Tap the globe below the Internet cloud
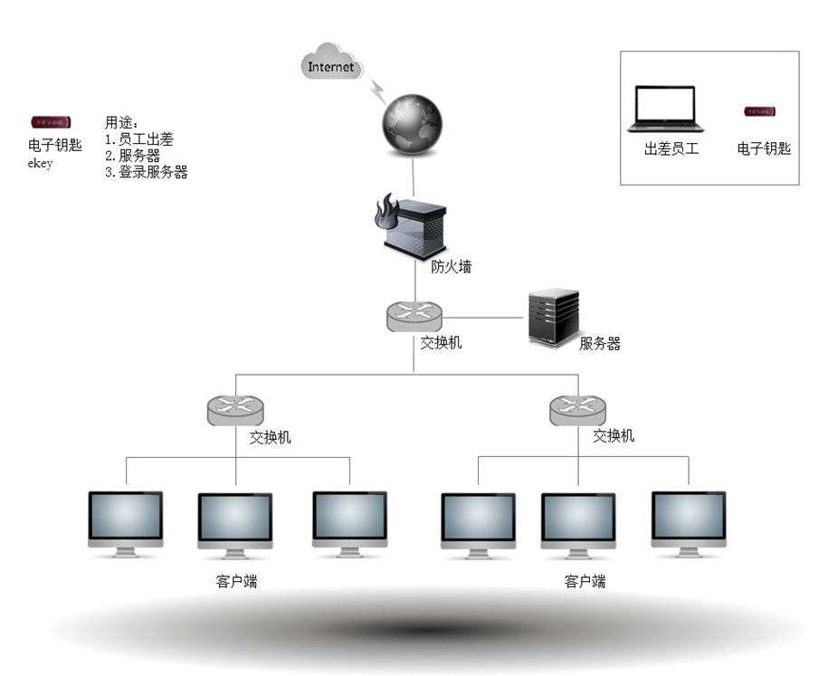[x=414, y=125]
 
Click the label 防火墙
[x=451, y=266]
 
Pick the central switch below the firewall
[x=414, y=316]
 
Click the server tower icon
[x=553, y=319]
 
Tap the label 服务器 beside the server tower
[x=600, y=344]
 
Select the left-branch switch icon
[x=235, y=412]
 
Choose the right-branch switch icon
[x=578, y=412]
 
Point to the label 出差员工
[x=671, y=148]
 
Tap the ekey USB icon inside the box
[x=762, y=111]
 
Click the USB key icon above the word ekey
[x=51, y=122]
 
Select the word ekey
[x=41, y=164]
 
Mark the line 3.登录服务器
[x=146, y=172]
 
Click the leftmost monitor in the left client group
[x=126, y=524]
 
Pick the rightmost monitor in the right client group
[x=689, y=524]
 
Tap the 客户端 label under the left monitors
[x=236, y=581]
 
